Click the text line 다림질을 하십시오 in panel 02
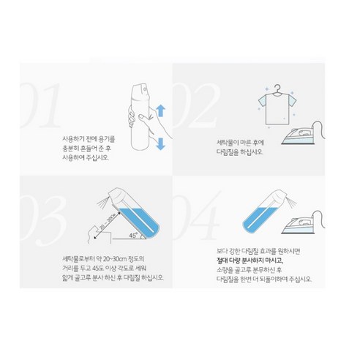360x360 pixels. (x=238, y=154)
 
